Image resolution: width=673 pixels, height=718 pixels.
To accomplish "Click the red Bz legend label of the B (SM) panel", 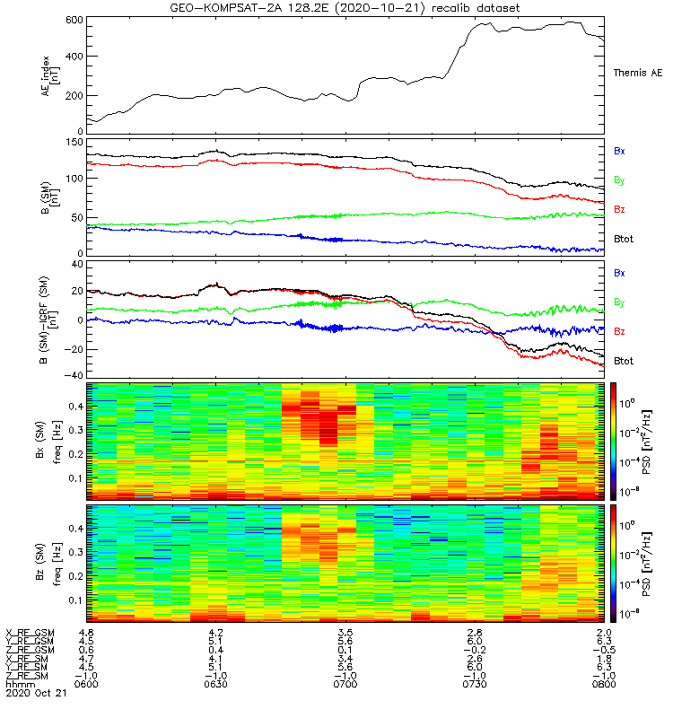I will (619, 209).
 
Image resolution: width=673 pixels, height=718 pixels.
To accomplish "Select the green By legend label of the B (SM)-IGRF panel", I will (619, 302).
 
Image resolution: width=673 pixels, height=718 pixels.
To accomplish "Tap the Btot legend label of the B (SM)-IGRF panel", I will (624, 361).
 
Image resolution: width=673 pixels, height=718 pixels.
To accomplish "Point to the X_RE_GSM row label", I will (30, 633).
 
